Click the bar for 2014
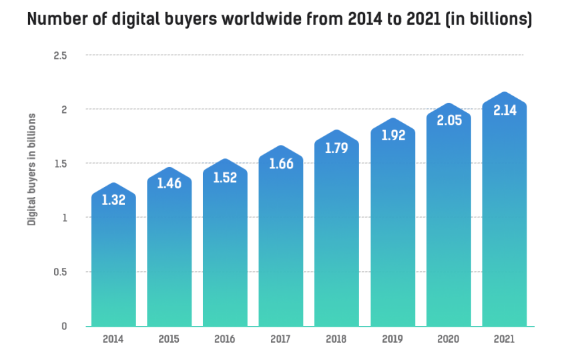(x=113, y=260)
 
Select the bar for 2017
(x=281, y=240)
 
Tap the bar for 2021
(x=505, y=214)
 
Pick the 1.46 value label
(x=169, y=183)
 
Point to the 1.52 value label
(x=225, y=178)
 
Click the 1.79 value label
(x=337, y=148)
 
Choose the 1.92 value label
(x=393, y=135)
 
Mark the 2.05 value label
(x=449, y=121)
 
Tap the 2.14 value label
(x=505, y=111)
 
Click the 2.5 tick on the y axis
(x=61, y=55)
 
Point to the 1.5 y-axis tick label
(x=61, y=164)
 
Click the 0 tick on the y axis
(x=64, y=326)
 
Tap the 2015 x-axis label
(x=169, y=339)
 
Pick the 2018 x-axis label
(x=337, y=339)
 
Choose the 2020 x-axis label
(x=449, y=339)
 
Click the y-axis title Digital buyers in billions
(x=31, y=169)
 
